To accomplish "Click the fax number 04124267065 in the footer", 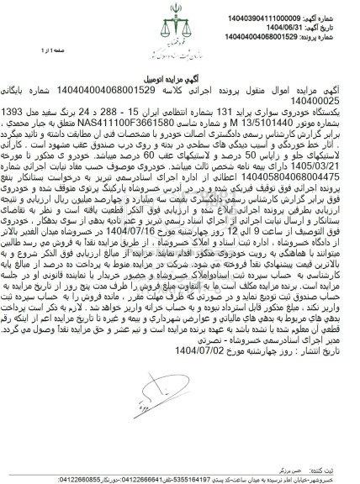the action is tap(79, 470).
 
